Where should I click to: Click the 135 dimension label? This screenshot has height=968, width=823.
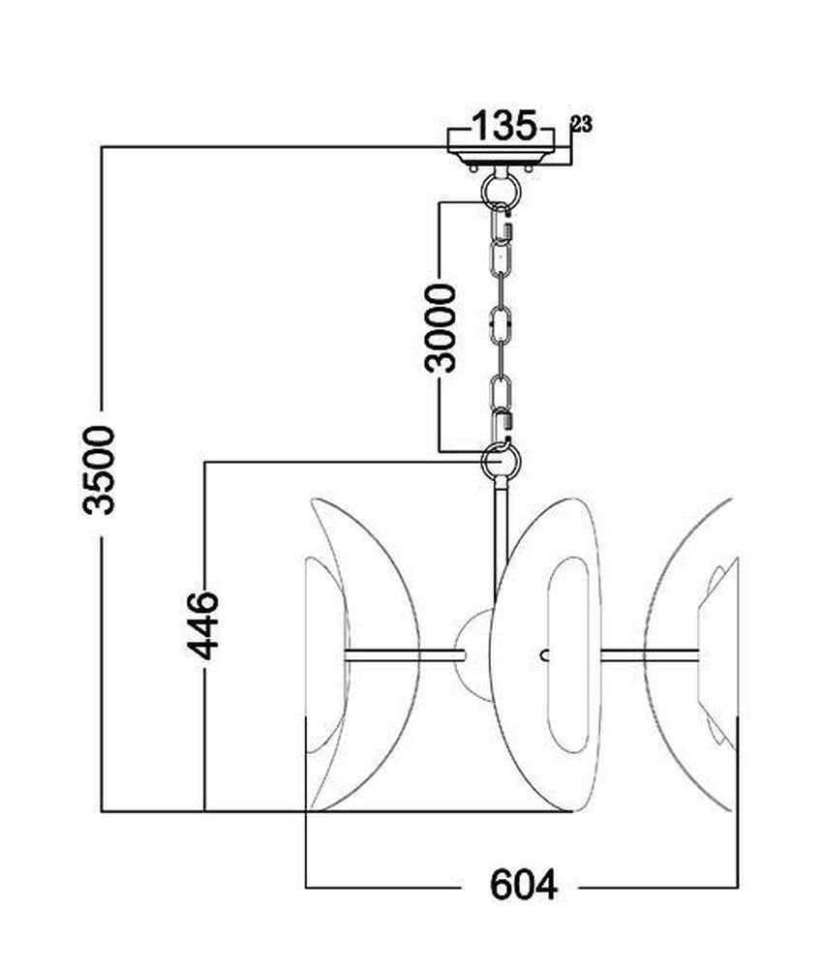tap(503, 125)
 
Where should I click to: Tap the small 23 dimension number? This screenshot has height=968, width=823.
tap(582, 125)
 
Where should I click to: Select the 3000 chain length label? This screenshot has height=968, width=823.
tap(441, 328)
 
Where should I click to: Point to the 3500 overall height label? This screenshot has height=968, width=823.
tap(99, 469)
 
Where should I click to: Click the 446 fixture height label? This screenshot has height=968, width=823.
tap(203, 625)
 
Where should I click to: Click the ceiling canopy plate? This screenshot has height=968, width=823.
tap(501, 157)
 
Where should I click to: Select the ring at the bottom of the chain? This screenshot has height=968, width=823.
tap(501, 460)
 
